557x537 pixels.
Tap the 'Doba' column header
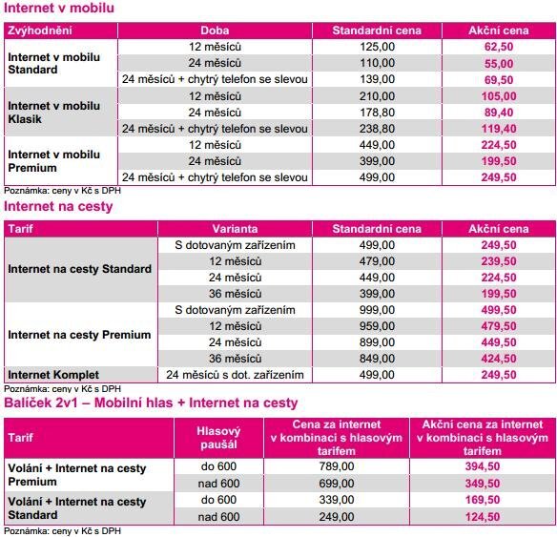[216, 31]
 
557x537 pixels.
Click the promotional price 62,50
[500, 45]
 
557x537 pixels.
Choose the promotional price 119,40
[500, 127]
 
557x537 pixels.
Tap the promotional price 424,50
[500, 359]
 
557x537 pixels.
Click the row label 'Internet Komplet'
[54, 375]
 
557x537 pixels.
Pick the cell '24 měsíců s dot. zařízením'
[235, 375]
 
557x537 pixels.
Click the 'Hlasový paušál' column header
[217, 438]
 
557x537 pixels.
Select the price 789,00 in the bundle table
[336, 466]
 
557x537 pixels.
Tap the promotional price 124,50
[482, 516]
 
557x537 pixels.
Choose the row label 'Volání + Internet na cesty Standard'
[77, 508]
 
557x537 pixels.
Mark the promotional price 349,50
[482, 484]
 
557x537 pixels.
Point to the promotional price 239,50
[500, 260]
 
